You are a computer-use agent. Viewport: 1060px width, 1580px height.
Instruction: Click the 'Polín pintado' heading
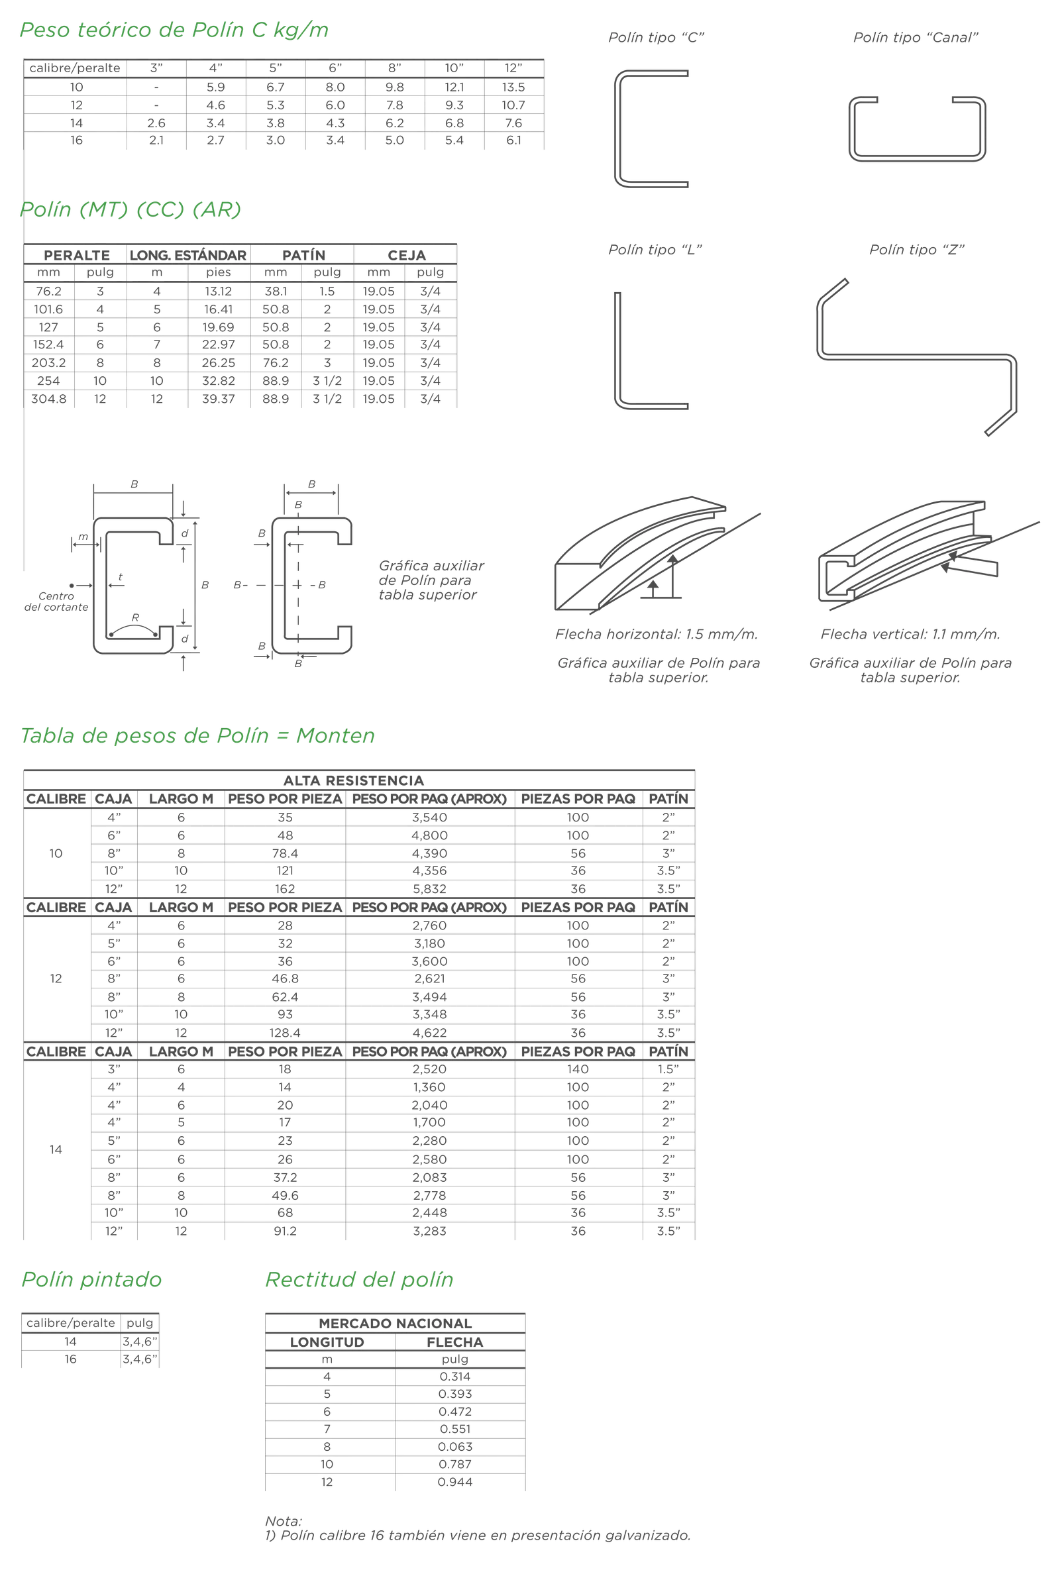(91, 1279)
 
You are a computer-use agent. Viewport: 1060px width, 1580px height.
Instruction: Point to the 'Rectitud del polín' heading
(359, 1279)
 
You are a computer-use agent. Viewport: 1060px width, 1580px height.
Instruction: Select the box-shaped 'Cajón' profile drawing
(919, 128)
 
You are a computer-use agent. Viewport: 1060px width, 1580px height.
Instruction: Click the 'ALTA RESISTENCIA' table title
(360, 780)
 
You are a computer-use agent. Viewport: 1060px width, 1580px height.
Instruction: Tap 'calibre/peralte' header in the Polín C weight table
(74, 68)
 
